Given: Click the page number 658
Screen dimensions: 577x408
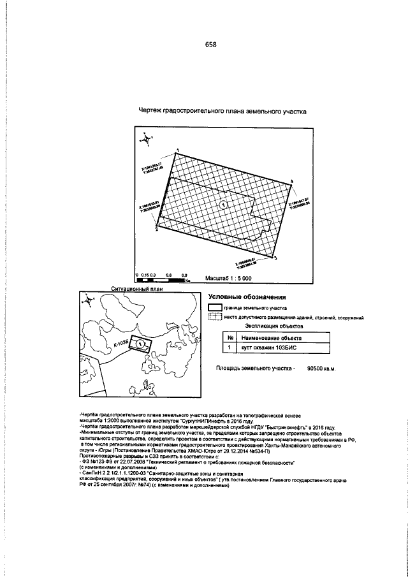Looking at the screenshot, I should [x=210, y=44].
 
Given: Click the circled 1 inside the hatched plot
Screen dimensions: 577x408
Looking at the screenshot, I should [x=223, y=204].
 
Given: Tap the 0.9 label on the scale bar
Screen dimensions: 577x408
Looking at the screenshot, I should [x=184, y=274].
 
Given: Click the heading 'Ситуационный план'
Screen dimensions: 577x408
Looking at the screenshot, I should [x=137, y=288].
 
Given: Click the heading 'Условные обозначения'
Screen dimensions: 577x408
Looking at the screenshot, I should [x=247, y=296].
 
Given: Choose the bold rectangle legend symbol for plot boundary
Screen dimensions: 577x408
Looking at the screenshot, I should [x=215, y=307].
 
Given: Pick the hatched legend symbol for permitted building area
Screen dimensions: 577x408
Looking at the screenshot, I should [x=215, y=317].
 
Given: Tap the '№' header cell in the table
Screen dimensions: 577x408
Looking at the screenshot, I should [x=228, y=338].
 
